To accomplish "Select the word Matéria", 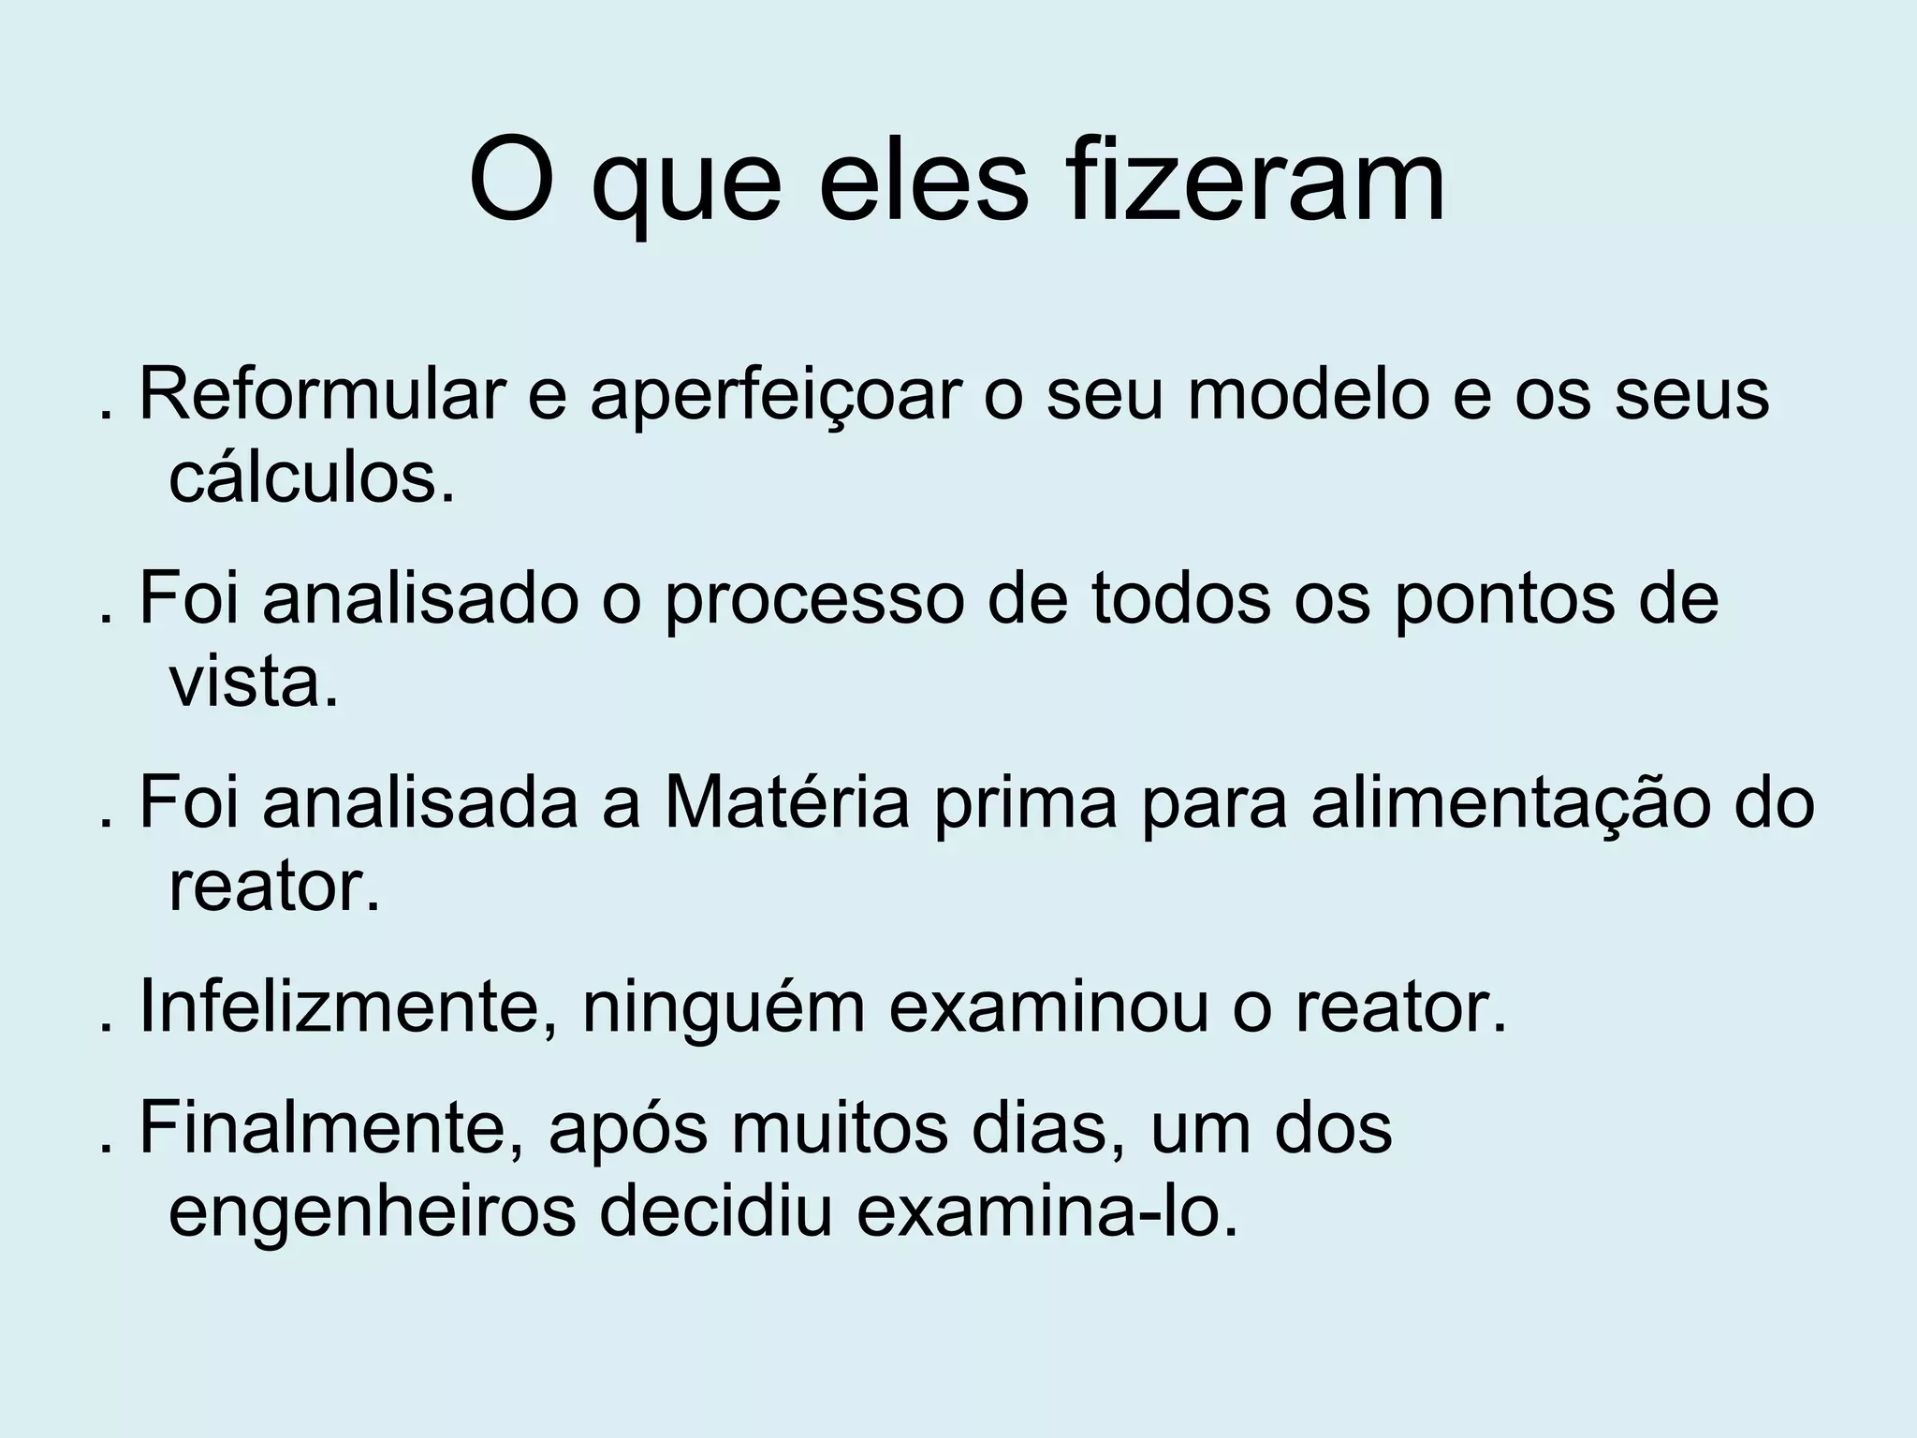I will pyautogui.click(x=786, y=803).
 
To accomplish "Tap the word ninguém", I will pyautogui.click(x=723, y=1009).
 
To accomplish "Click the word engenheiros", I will pyautogui.click(x=372, y=1213).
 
